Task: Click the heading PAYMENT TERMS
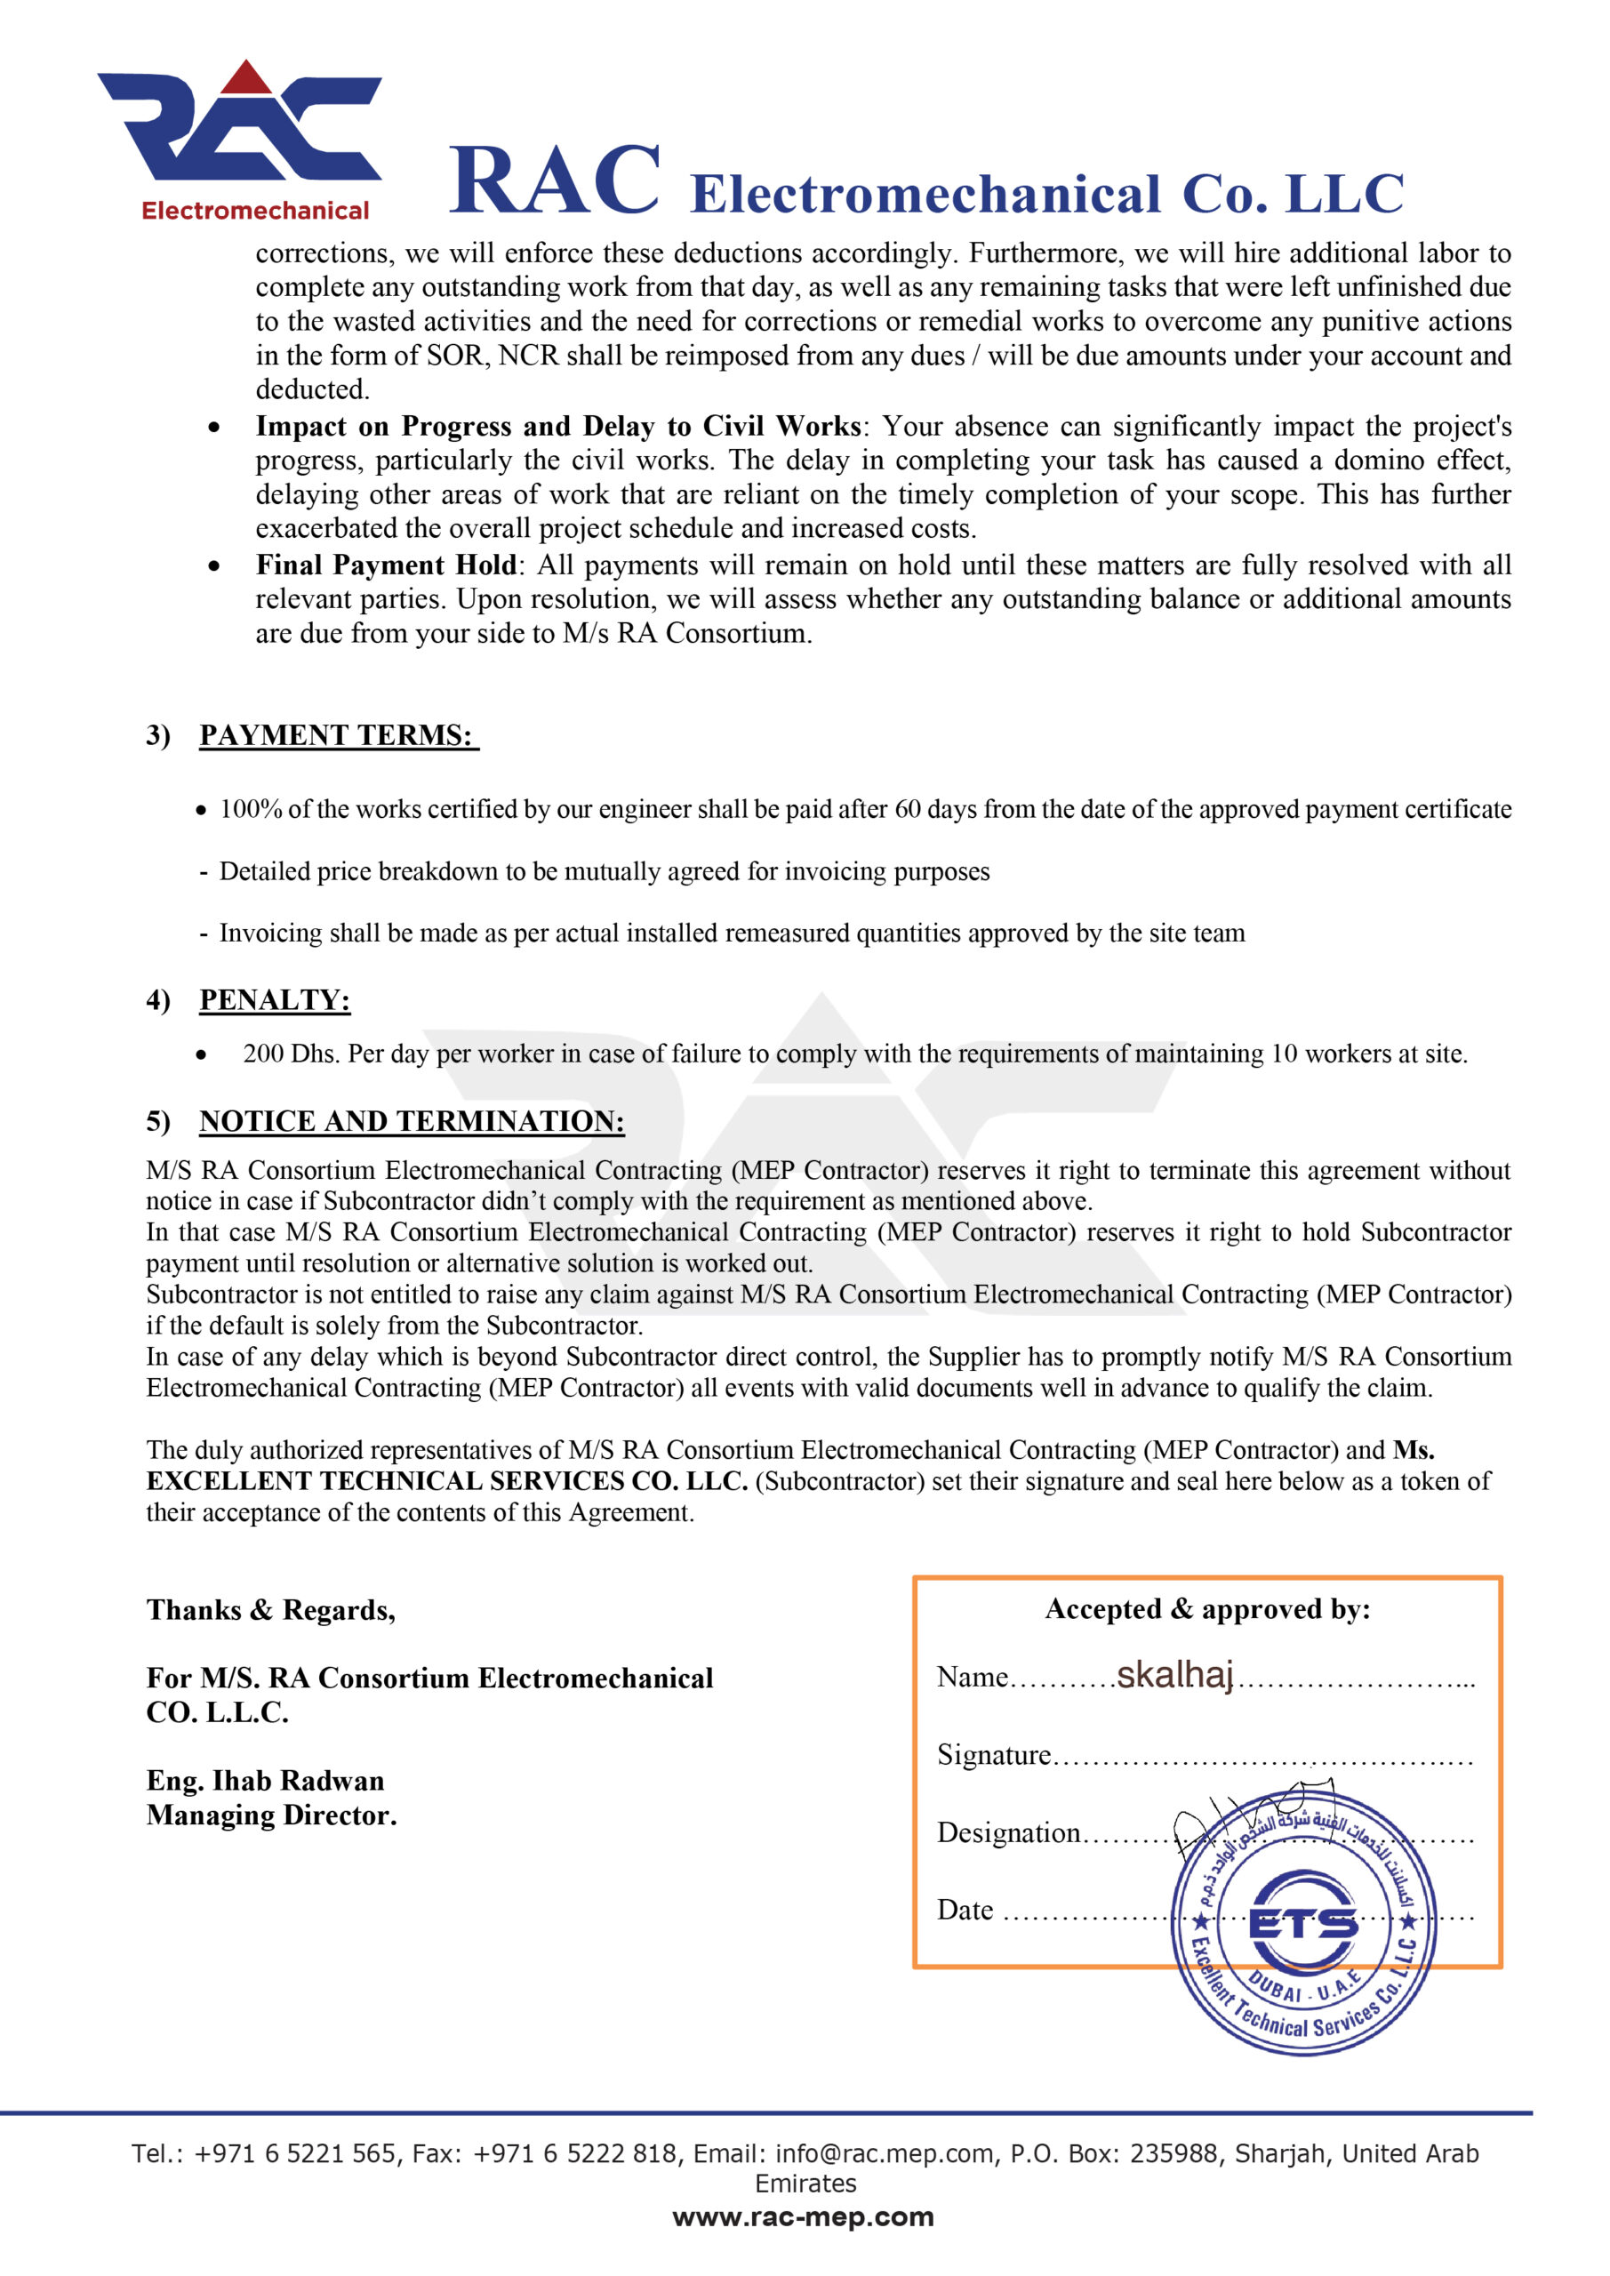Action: click(337, 735)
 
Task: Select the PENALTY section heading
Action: click(275, 1000)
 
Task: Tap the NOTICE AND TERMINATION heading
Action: click(412, 1121)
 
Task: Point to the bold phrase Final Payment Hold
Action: click(386, 565)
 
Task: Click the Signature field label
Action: click(993, 1755)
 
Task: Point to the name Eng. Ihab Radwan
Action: click(265, 1781)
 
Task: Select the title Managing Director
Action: click(270, 1815)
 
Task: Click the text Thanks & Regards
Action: click(270, 1610)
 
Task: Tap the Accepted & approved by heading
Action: click(1207, 1609)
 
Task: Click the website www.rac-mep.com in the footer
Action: click(803, 2216)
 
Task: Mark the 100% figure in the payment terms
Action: click(251, 809)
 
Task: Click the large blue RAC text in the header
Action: click(554, 180)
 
